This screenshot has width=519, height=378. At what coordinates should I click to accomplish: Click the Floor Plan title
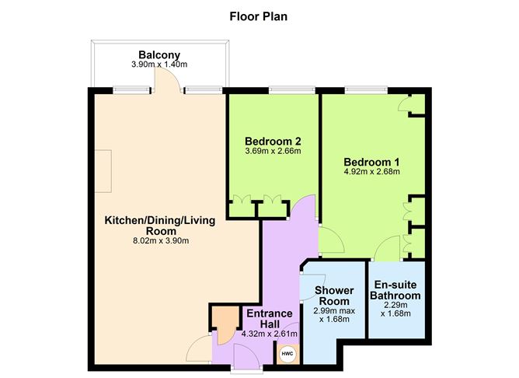click(x=259, y=15)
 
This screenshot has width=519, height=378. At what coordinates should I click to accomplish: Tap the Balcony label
click(x=159, y=54)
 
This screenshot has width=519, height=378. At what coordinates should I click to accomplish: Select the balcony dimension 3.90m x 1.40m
click(x=159, y=65)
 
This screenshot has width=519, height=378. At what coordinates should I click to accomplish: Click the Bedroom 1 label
click(x=371, y=162)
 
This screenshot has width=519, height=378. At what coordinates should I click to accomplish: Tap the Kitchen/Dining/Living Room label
click(x=161, y=226)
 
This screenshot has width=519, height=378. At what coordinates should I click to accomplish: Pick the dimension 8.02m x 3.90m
click(x=161, y=241)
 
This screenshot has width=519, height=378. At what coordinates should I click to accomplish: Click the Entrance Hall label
click(x=269, y=318)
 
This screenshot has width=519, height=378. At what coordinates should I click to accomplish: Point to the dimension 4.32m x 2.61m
click(x=269, y=334)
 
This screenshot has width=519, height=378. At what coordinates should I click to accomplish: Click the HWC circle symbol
click(x=287, y=354)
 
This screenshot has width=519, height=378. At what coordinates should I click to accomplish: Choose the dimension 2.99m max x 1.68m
click(x=334, y=315)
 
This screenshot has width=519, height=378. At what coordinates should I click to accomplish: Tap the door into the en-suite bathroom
click(x=385, y=250)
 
